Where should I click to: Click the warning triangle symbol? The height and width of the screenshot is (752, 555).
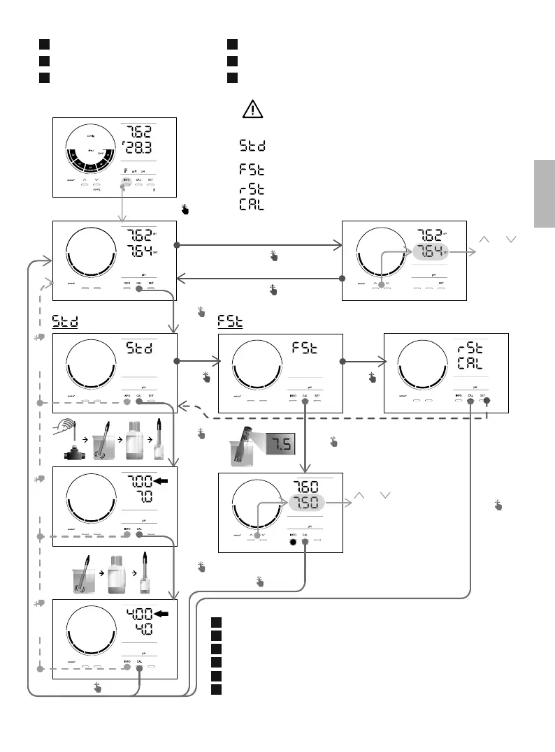[x=252, y=109]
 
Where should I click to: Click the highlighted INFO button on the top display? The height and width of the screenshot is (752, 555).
[x=127, y=181]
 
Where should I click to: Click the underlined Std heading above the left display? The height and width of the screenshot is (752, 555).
[x=65, y=322]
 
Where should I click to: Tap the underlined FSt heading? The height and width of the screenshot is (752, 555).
[x=230, y=322]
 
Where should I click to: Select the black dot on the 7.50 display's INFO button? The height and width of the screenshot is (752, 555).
[x=294, y=543]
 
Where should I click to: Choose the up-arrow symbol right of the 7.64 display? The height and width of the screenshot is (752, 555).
[x=483, y=239]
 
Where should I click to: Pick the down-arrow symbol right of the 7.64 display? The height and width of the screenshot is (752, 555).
[x=510, y=239]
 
